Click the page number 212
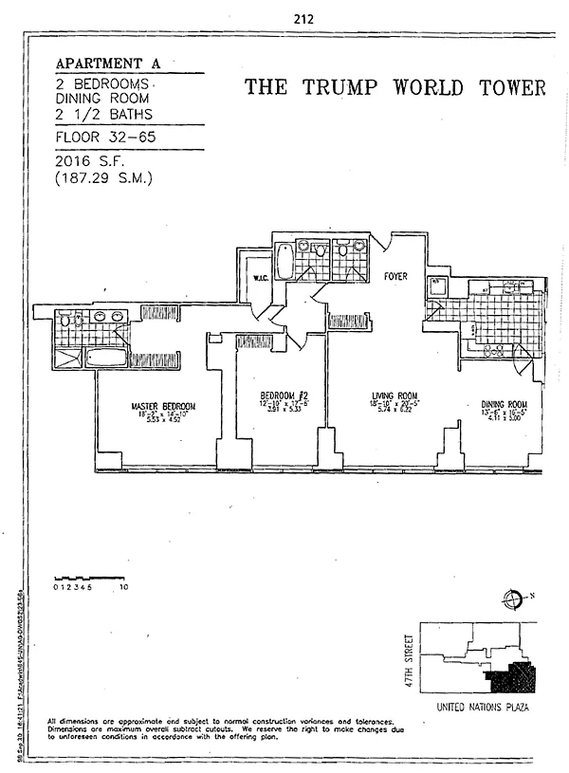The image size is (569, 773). [304, 18]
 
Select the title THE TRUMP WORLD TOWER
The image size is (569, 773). [395, 88]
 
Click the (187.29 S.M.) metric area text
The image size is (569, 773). [106, 176]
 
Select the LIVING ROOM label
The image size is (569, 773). [395, 396]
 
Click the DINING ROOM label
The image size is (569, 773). [504, 403]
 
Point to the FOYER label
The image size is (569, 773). [395, 277]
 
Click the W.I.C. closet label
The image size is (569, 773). [263, 278]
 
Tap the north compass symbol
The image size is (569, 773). [514, 598]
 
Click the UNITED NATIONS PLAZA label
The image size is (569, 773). [481, 708]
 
